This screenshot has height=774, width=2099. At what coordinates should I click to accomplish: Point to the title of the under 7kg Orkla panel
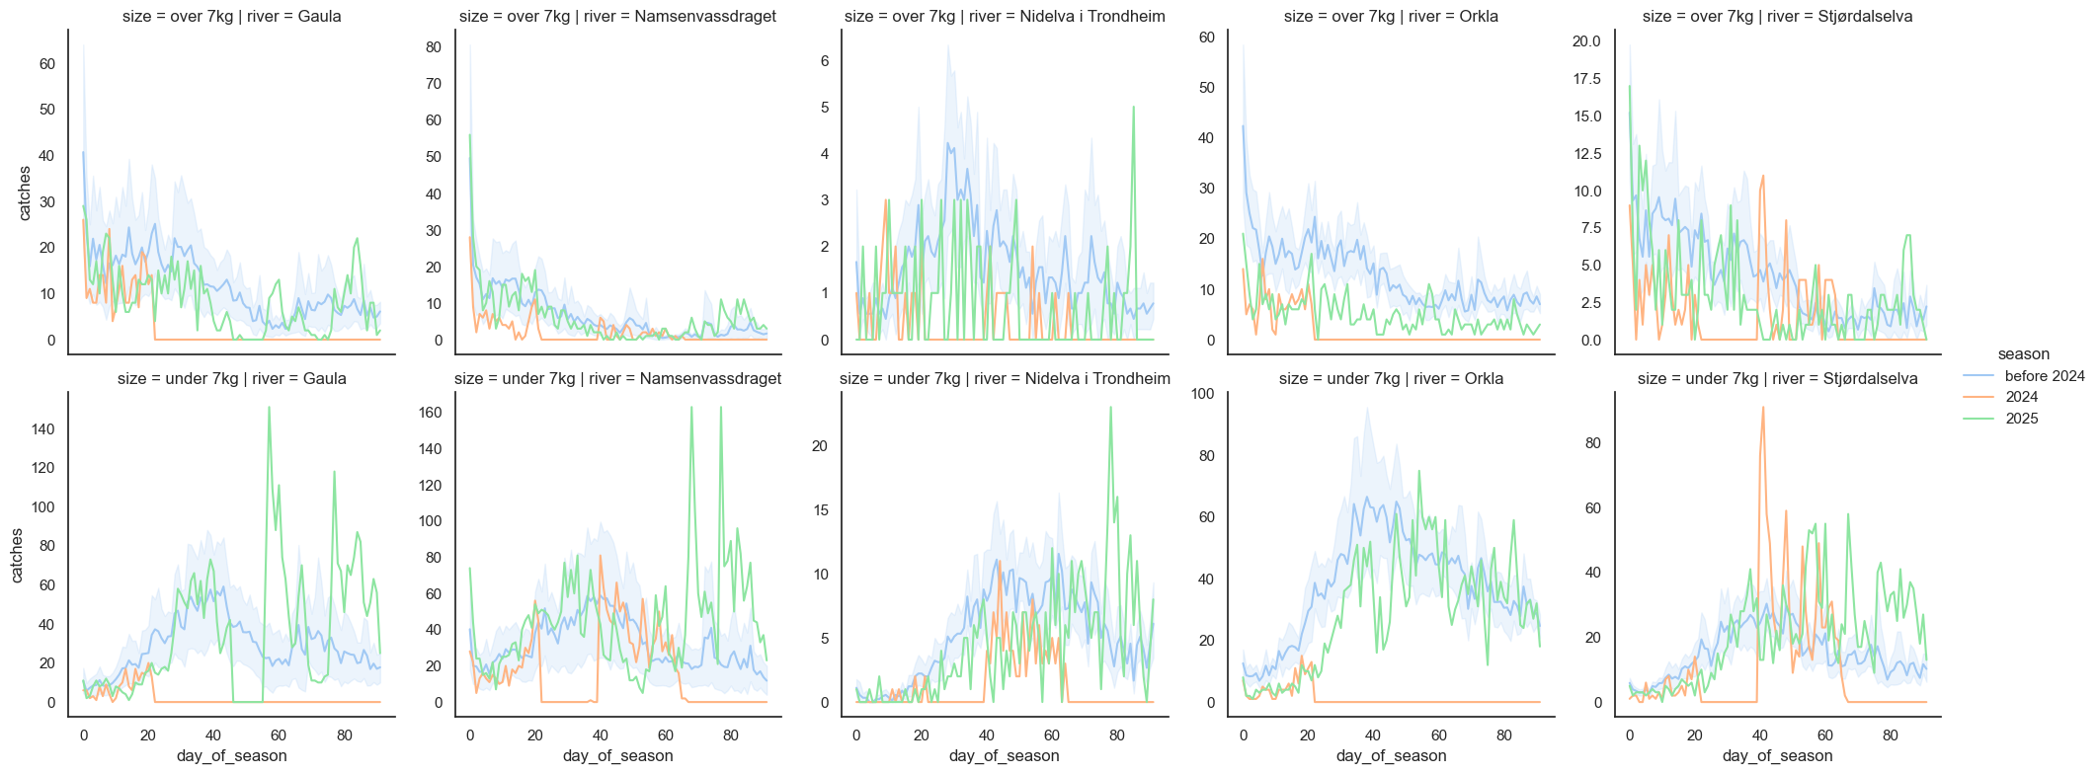point(1391,379)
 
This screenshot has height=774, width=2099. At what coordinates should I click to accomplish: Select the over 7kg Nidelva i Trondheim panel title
point(1005,17)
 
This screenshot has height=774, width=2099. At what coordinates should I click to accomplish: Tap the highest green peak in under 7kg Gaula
point(269,408)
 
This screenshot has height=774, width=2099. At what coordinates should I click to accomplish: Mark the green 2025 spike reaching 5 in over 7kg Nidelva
point(1133,108)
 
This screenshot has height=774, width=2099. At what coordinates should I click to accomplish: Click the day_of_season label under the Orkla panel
point(1391,756)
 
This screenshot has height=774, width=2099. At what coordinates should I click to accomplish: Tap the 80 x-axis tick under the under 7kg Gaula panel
point(345,735)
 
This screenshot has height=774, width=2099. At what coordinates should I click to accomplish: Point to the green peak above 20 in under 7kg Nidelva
point(1110,408)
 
